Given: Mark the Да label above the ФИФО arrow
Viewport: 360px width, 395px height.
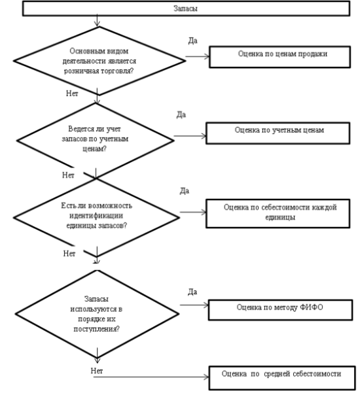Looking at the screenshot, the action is [192, 292].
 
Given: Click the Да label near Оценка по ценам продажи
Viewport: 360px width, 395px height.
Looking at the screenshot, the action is [193, 41].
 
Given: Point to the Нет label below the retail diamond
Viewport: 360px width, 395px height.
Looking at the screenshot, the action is [72, 94].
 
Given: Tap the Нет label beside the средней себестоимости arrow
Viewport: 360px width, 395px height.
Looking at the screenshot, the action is [97, 371].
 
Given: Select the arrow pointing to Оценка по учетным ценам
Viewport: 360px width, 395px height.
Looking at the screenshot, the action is [190, 136].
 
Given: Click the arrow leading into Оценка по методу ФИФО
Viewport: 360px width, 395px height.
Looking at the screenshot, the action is [194, 305].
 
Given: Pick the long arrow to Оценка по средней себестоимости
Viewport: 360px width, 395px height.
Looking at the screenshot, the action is [151, 377].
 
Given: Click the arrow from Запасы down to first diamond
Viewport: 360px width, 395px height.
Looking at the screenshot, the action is [97, 20].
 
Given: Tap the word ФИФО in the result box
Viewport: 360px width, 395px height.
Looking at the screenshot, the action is [311, 307].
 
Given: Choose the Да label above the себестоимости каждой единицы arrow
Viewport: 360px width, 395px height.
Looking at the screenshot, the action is [185, 191].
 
